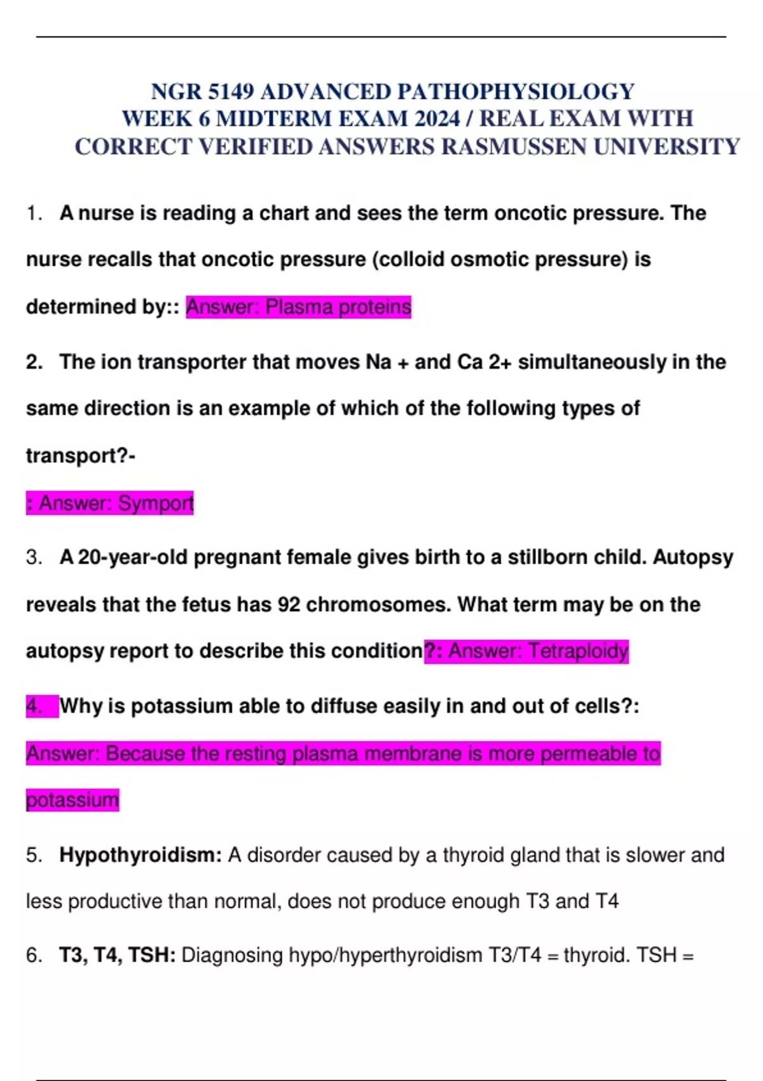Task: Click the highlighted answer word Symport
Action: [155, 503]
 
